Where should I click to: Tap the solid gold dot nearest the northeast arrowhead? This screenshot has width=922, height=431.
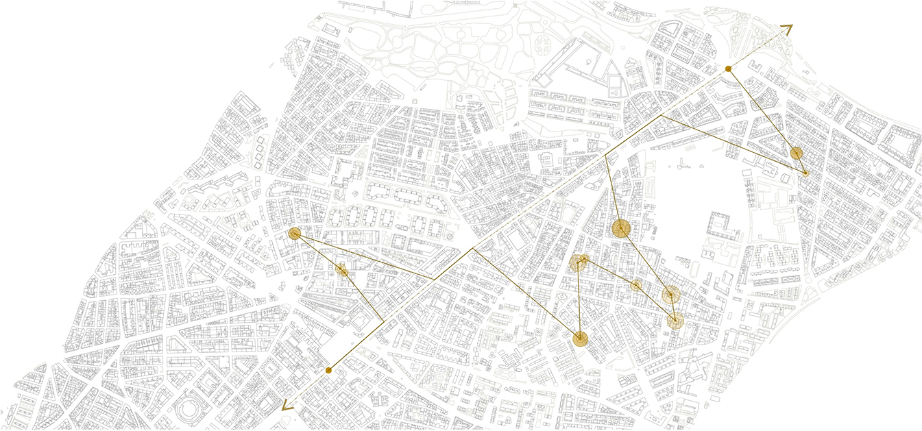[728, 69]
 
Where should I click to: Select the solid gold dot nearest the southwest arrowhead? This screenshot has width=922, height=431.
[328, 370]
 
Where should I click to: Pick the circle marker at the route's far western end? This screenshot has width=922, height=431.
[295, 234]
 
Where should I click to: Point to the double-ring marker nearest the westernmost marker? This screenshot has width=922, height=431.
[341, 270]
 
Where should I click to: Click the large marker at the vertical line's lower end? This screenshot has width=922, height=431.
[580, 337]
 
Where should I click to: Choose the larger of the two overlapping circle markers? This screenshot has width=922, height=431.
[578, 262]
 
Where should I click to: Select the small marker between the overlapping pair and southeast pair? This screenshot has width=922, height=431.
[636, 285]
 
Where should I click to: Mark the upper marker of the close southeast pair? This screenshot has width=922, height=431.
[670, 295]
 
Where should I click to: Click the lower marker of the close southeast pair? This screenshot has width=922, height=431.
[675, 320]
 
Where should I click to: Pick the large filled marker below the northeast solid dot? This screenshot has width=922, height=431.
[796, 153]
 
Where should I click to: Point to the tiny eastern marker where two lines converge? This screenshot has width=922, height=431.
[805, 173]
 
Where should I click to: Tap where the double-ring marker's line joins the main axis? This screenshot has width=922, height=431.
[382, 320]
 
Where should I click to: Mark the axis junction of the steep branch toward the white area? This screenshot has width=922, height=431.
[607, 156]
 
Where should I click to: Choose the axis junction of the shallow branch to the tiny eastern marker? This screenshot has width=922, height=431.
[659, 116]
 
